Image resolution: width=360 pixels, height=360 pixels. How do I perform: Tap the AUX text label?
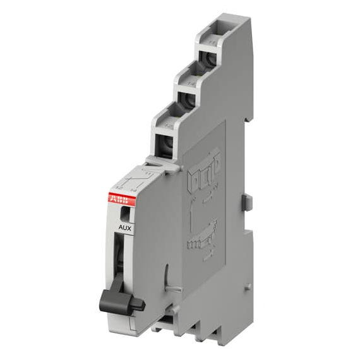tap(125, 229)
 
